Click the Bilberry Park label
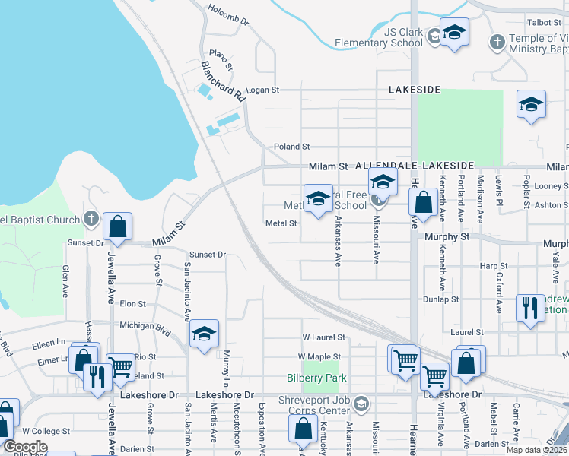[317, 378]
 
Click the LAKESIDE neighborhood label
[415, 90]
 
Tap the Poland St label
[292, 147]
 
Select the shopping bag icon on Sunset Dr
[117, 226]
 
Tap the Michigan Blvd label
[145, 325]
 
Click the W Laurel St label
[323, 337]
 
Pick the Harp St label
[494, 266]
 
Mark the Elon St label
[132, 304]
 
